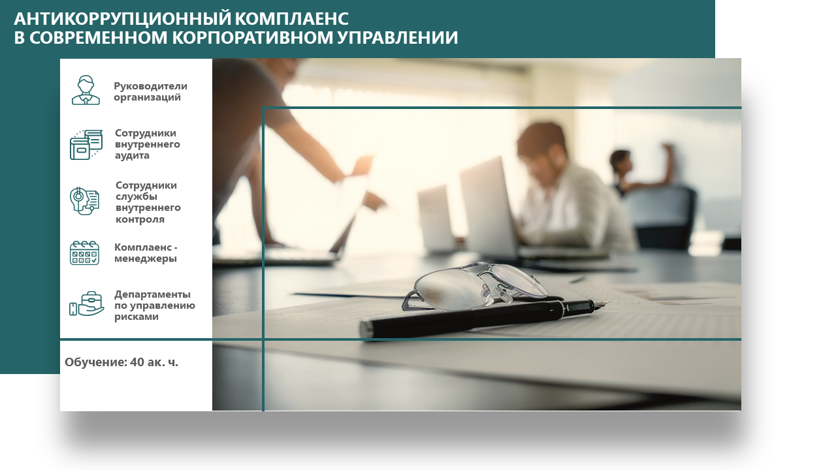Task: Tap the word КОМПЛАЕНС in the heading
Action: pyautogui.click(x=292, y=19)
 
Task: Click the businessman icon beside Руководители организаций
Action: pyautogui.click(x=86, y=90)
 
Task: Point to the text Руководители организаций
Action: pyautogui.click(x=150, y=91)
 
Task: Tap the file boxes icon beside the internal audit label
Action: pyautogui.click(x=86, y=145)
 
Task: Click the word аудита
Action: pyautogui.click(x=132, y=155)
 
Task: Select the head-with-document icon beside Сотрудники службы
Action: pyautogui.click(x=85, y=200)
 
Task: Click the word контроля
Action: pyautogui.click(x=140, y=219)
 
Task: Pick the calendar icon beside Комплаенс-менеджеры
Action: pyautogui.click(x=84, y=253)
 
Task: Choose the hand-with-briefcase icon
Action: pyautogui.click(x=87, y=304)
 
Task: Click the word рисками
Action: pyautogui.click(x=137, y=317)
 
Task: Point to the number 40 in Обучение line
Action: pyautogui.click(x=137, y=362)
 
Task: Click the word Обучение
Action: pyautogui.click(x=96, y=362)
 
